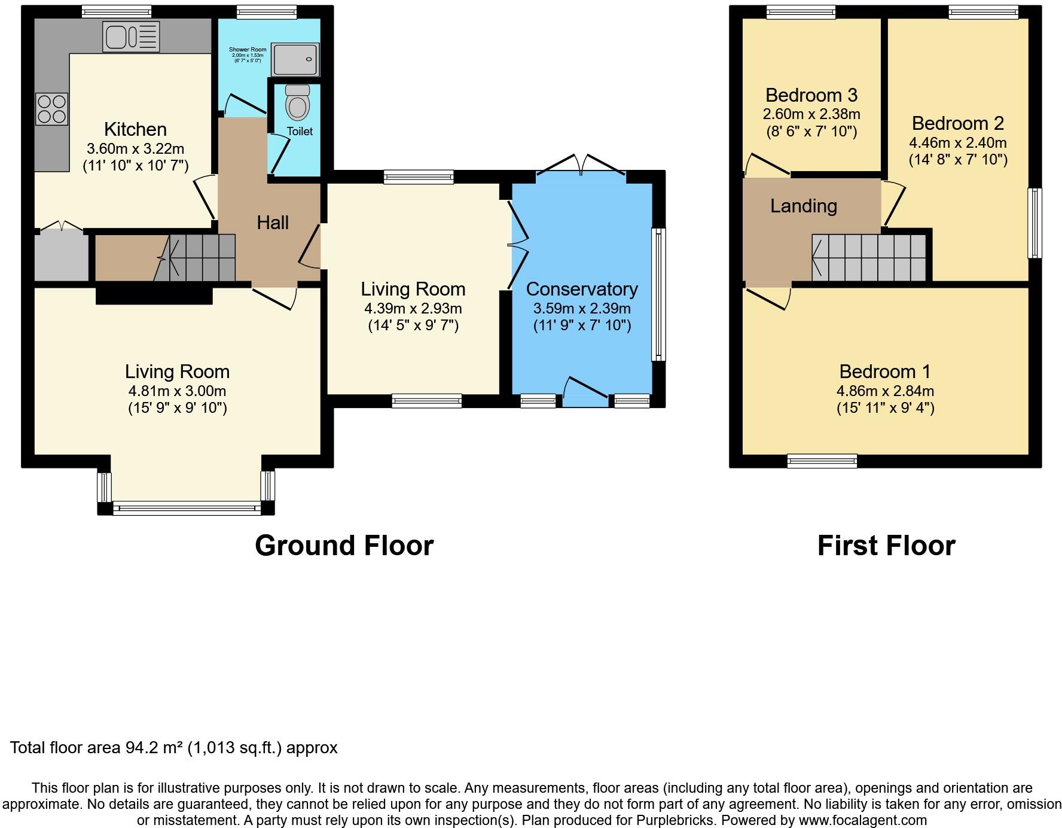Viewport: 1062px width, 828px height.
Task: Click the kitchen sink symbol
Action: [131, 36]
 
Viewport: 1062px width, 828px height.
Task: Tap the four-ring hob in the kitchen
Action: [52, 109]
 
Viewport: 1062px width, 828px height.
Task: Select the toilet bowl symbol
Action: [298, 102]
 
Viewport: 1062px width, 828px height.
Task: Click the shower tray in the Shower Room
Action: [295, 59]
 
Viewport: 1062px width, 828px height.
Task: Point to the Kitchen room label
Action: [135, 129]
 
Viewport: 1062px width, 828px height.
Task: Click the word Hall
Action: [273, 223]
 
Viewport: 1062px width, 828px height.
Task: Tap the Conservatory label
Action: [582, 289]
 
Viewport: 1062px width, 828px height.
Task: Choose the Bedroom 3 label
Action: [811, 95]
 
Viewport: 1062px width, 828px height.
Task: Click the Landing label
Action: [803, 206]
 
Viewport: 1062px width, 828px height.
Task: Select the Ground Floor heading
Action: [344, 546]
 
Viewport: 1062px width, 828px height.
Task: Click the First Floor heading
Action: [886, 546]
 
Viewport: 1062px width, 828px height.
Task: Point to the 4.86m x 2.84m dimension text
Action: [885, 391]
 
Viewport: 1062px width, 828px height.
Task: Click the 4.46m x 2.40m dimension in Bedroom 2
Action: [958, 143]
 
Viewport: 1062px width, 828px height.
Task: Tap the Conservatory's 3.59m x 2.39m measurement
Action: [582, 309]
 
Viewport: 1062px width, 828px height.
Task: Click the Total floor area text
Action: [173, 748]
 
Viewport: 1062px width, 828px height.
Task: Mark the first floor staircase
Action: [869, 257]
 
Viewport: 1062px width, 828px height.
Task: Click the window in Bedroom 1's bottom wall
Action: [822, 461]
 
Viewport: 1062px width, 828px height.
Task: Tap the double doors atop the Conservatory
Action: [581, 165]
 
